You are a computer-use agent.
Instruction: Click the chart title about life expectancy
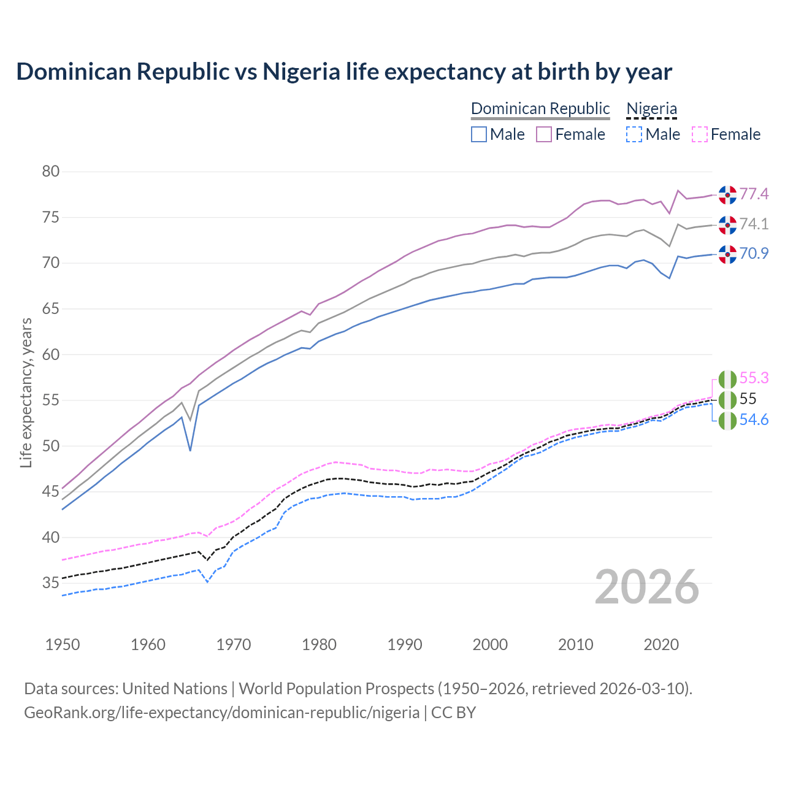pos(344,72)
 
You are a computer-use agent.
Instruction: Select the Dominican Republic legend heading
pos(540,109)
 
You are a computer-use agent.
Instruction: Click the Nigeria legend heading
pos(651,109)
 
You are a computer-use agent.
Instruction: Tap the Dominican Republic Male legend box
pos(479,134)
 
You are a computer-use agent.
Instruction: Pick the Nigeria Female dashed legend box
pos(700,134)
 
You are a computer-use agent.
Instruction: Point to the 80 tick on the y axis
pos(51,171)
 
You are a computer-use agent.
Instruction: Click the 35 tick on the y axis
pos(51,583)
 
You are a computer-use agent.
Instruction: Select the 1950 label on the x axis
pos(63,645)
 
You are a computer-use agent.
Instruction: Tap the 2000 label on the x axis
pos(490,645)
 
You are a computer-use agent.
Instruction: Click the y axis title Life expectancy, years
pos(26,392)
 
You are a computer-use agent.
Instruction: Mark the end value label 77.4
pos(754,194)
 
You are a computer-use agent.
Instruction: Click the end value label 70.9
pos(754,253)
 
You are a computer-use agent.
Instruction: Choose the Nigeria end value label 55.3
pos(754,378)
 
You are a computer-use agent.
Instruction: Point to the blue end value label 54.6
pos(754,420)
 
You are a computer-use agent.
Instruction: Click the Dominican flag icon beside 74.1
pos(727,224)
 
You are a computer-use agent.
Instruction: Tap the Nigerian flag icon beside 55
pos(727,400)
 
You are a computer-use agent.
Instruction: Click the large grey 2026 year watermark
pos(647,587)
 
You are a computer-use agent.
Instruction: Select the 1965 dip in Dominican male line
pos(190,450)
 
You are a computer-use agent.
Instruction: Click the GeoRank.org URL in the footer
pos(221,713)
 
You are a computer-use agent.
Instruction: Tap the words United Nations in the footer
pos(175,689)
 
